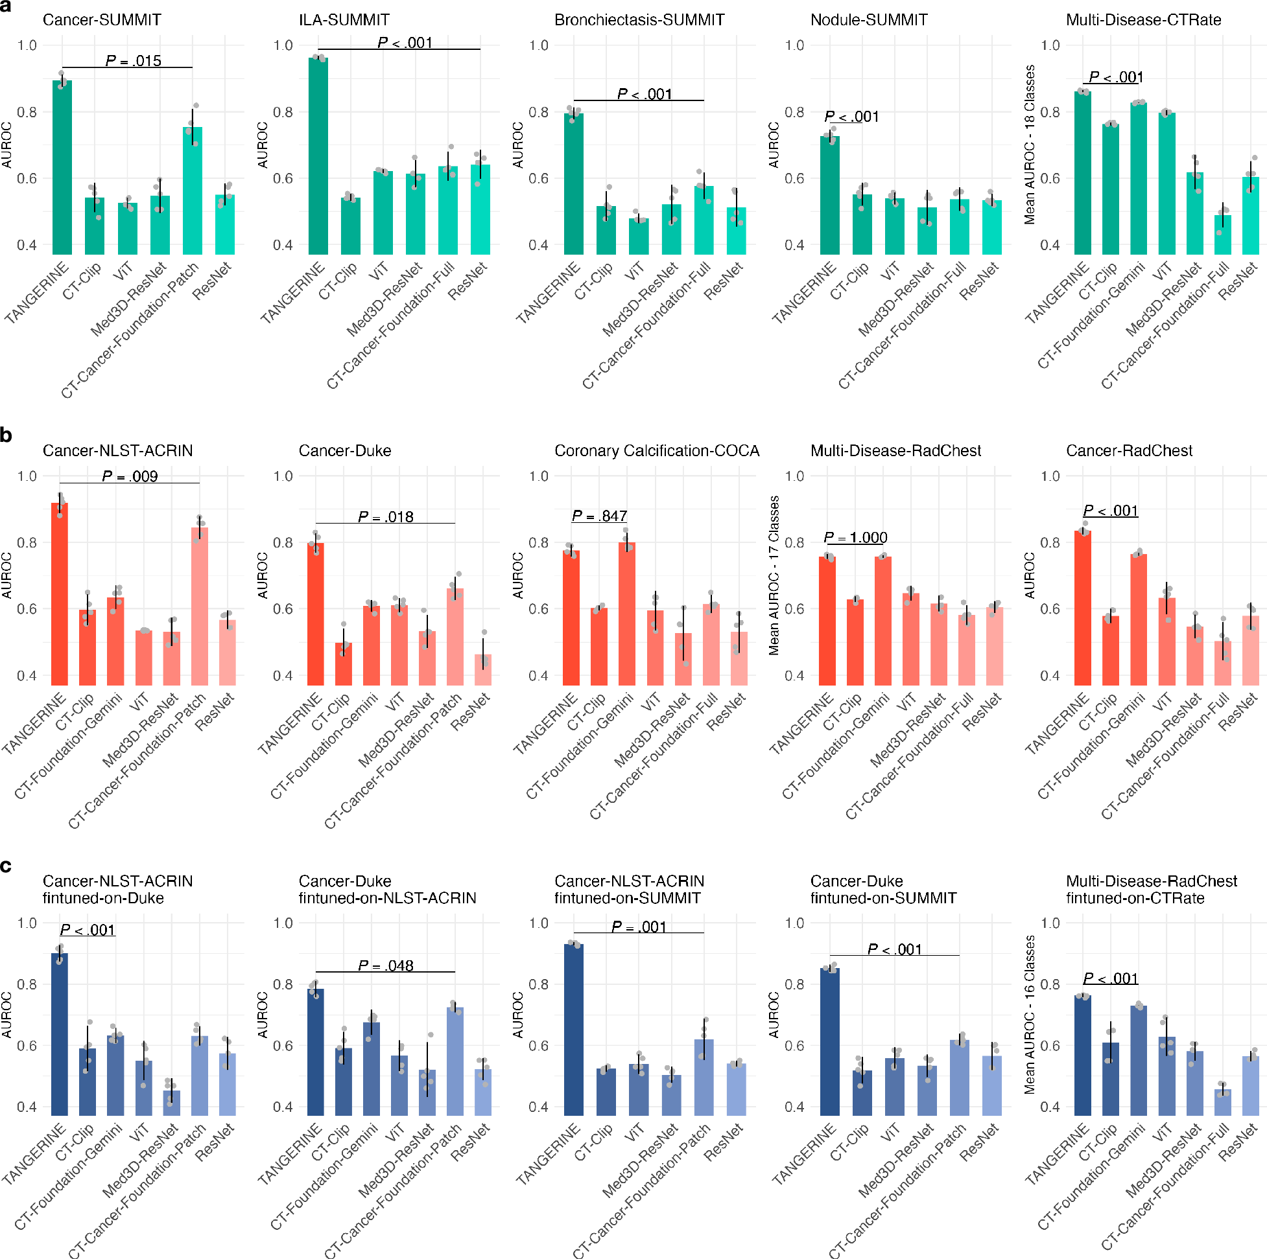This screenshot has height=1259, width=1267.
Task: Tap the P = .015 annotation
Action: coord(133,61)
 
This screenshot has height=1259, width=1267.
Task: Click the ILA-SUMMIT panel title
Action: coord(344,19)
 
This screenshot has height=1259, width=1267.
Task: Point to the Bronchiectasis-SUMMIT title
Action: coord(639,19)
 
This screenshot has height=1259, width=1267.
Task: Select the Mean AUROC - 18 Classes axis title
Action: coord(1030,145)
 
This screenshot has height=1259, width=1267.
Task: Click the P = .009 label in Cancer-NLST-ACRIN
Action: coord(130,476)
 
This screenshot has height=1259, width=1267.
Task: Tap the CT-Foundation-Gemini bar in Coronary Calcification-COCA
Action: coord(627,614)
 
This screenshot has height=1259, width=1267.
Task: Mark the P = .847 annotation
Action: coord(599,516)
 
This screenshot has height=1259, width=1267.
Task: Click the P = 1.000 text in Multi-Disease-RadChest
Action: coord(855,537)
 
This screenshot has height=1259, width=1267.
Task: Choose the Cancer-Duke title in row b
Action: coord(344,450)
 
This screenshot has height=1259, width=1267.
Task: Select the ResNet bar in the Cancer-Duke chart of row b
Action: coord(483,670)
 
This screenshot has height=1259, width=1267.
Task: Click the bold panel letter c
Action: coord(6,866)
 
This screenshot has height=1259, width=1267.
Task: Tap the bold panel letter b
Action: coord(6,435)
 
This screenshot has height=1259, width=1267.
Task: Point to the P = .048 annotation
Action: coord(386,965)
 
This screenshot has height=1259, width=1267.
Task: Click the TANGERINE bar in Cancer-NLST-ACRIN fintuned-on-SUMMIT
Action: coord(574,1029)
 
